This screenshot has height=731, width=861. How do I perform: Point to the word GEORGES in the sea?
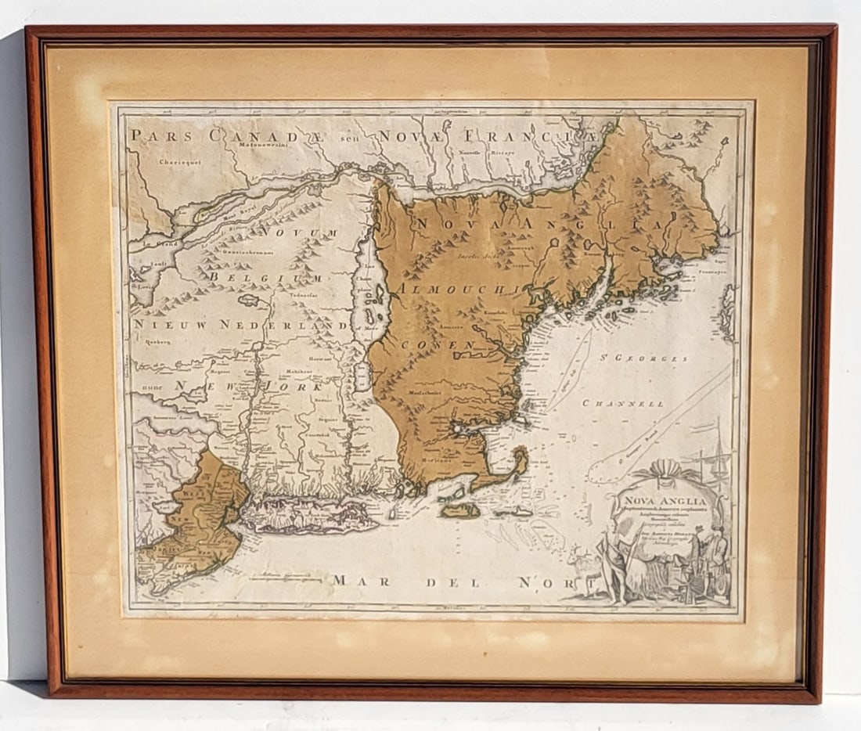point(656,358)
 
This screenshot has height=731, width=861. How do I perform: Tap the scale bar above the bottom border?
point(285,580)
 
